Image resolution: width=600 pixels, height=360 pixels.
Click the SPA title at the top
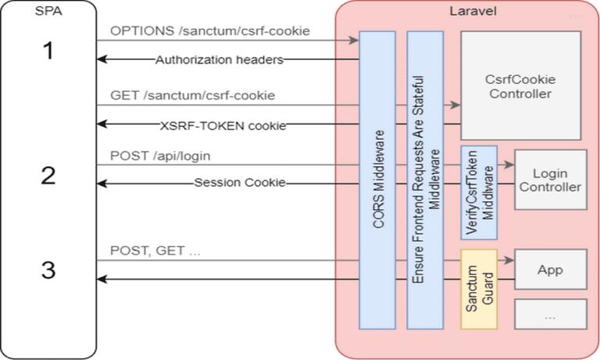[48, 12]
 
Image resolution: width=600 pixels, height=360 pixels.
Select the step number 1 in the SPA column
[48, 52]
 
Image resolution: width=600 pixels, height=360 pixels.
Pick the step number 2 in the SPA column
[48, 175]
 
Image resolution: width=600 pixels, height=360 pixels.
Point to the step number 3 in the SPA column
[48, 270]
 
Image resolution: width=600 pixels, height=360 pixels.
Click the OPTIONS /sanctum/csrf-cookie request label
[210, 31]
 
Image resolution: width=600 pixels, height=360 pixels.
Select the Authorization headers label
[219, 59]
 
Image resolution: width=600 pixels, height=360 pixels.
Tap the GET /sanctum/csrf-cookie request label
[192, 95]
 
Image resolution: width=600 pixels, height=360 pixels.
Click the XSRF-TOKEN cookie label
[223, 125]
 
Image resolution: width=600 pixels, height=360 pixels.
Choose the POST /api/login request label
[160, 156]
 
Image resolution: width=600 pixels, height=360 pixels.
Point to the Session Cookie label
[240, 184]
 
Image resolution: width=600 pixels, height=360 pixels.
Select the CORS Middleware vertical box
[377, 180]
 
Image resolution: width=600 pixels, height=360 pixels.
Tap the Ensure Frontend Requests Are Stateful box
[425, 180]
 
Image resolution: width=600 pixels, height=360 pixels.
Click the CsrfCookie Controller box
[520, 86]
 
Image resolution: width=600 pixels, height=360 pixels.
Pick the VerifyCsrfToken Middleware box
[478, 192]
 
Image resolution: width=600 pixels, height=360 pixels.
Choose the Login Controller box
[550, 180]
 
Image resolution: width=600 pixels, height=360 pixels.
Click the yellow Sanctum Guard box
[478, 289]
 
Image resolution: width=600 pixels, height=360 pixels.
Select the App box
[550, 270]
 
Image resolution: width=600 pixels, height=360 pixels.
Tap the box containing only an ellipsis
[550, 315]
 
